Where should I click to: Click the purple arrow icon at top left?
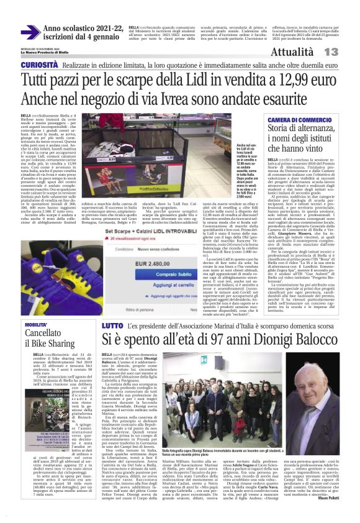[30, 32]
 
